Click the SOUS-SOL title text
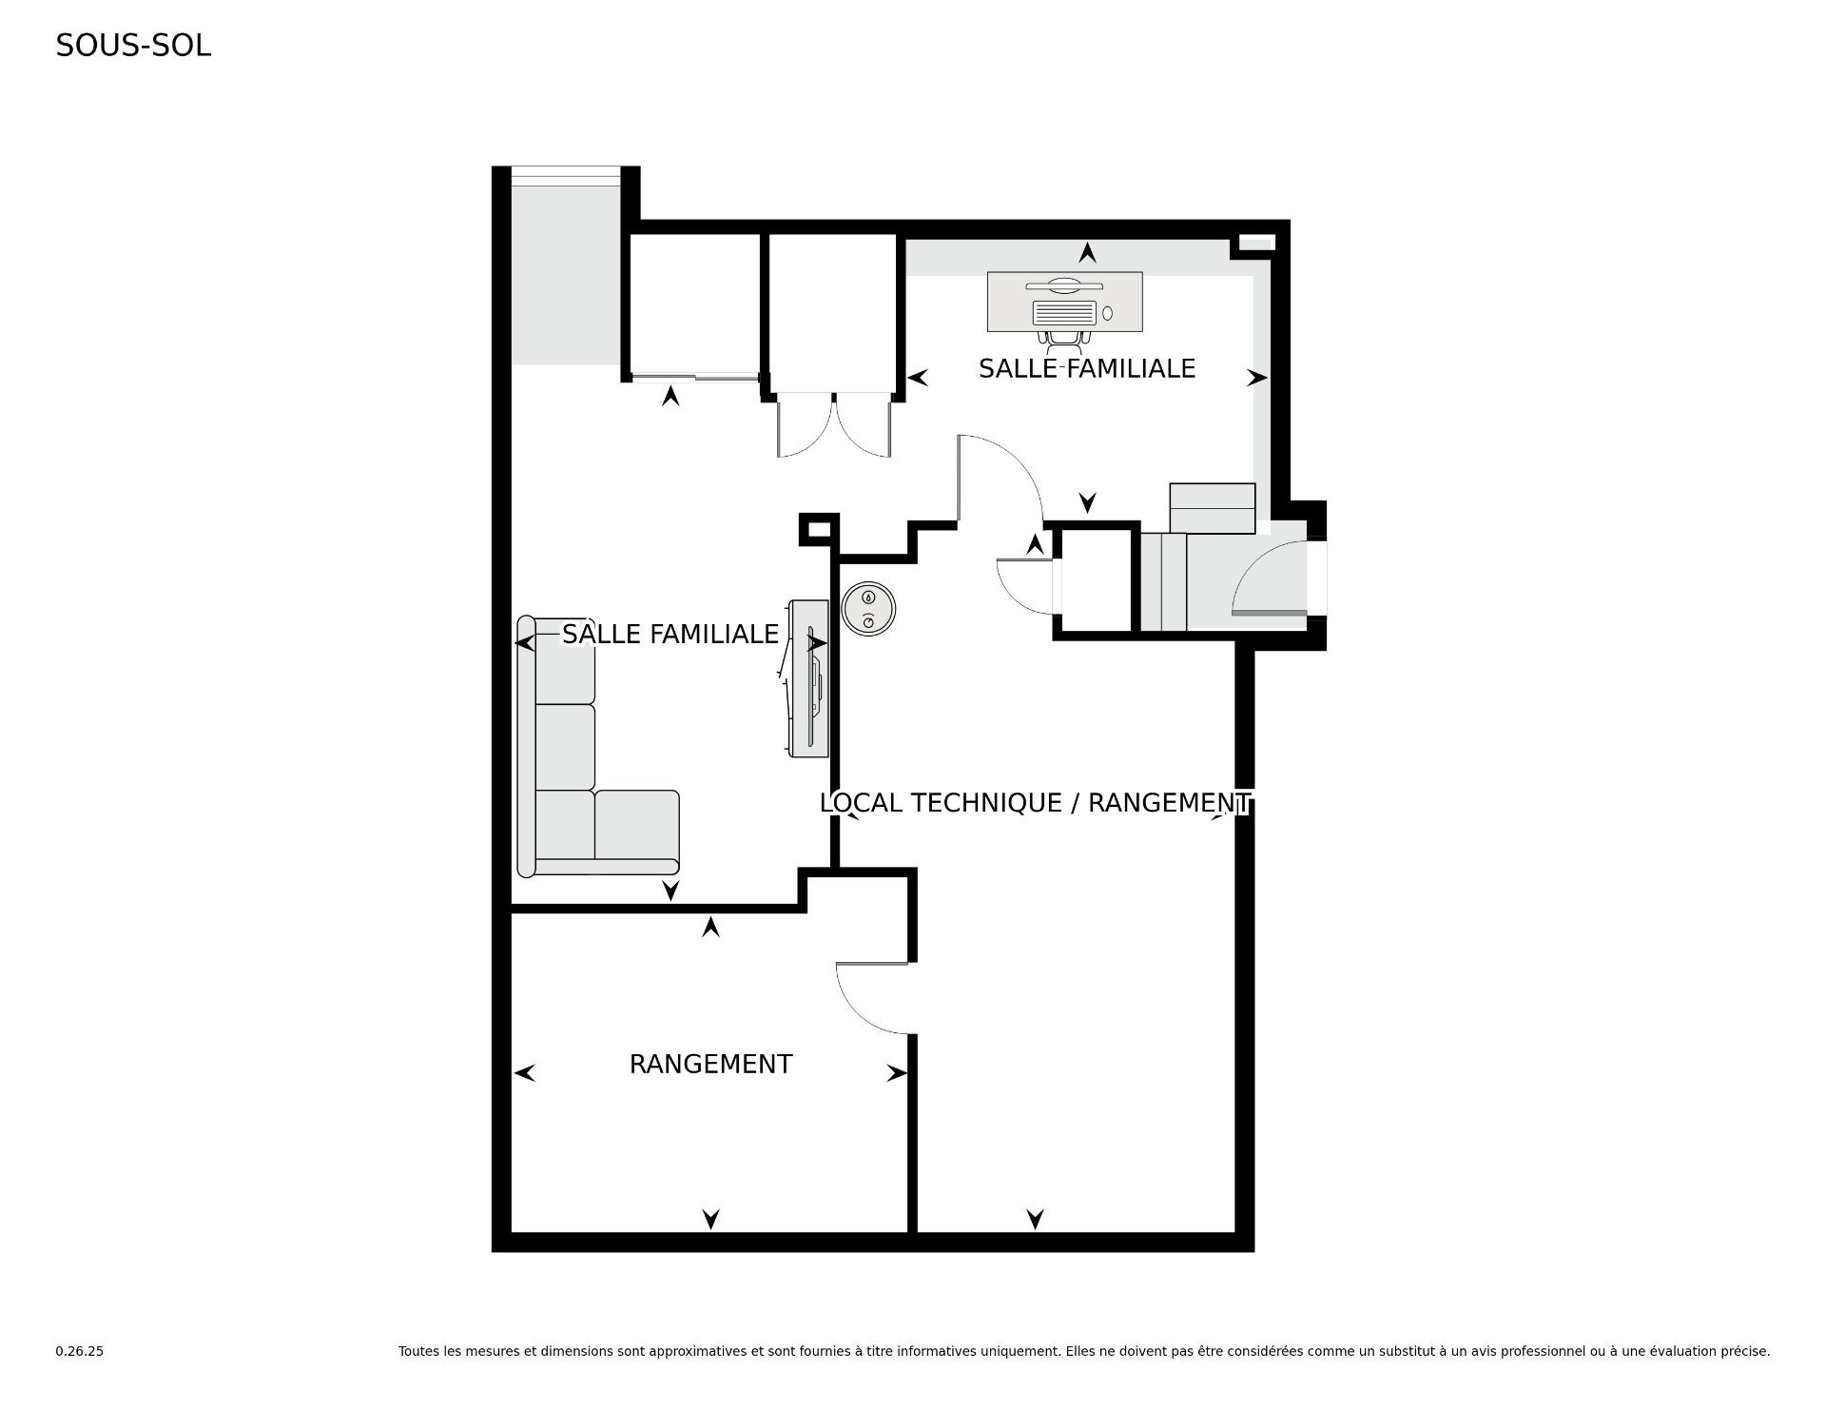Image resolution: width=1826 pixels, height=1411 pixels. pyautogui.click(x=133, y=46)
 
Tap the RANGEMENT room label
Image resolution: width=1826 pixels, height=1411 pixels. pyautogui.click(x=710, y=1064)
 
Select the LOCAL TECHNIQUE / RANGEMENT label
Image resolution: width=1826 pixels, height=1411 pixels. pyautogui.click(x=1035, y=803)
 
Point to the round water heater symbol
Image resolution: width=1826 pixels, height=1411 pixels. pyautogui.click(x=867, y=608)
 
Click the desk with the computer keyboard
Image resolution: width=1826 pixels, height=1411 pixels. pyautogui.click(x=1065, y=303)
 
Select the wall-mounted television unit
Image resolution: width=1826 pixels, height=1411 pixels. pyautogui.click(x=808, y=678)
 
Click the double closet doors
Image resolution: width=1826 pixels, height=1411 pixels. pyautogui.click(x=834, y=426)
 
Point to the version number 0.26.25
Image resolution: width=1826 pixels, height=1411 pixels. pyautogui.click(x=80, y=1351)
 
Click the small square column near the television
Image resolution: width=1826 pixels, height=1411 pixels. pyautogui.click(x=818, y=529)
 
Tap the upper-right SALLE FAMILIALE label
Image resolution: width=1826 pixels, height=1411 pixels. pyautogui.click(x=1087, y=369)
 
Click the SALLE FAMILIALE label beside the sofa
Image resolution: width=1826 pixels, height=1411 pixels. pyautogui.click(x=670, y=635)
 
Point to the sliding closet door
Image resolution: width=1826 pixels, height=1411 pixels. pyautogui.click(x=696, y=378)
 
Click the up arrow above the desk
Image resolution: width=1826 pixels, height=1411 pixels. pyautogui.click(x=1087, y=252)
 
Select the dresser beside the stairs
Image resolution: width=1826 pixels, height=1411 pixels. pyautogui.click(x=1213, y=508)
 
